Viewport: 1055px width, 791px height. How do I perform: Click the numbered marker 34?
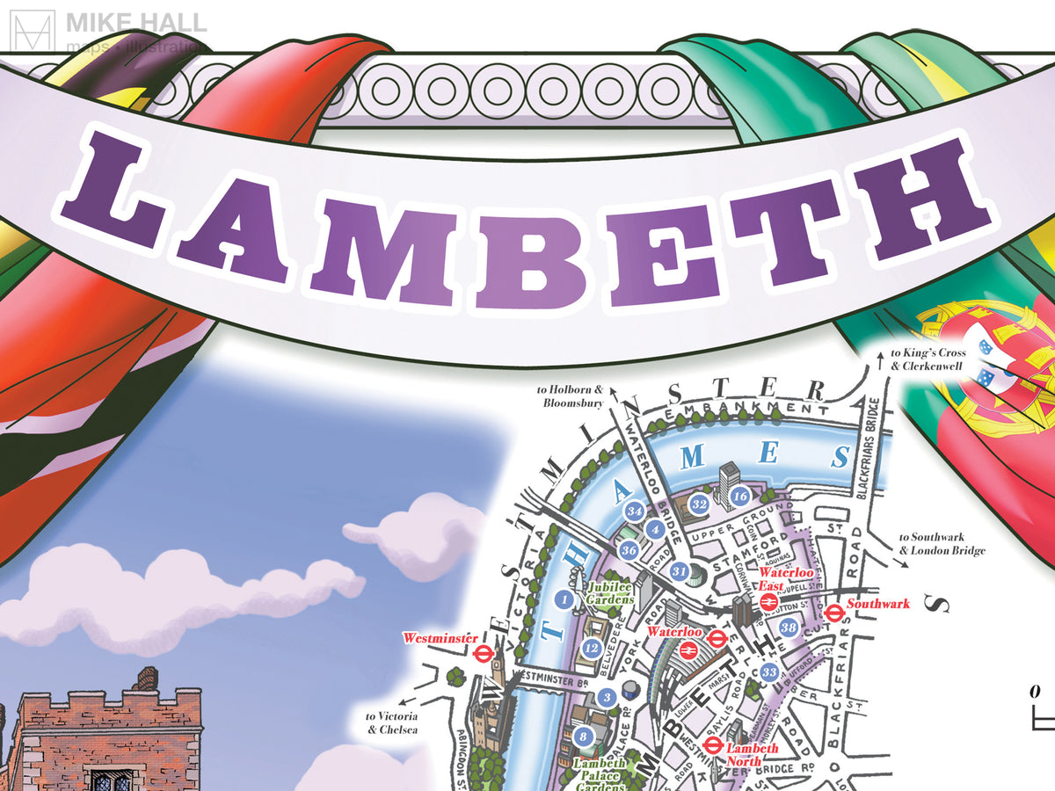[635, 511]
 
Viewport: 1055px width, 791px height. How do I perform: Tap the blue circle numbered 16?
[739, 497]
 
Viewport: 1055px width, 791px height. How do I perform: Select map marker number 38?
[789, 628]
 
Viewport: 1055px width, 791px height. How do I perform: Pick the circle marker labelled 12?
[592, 649]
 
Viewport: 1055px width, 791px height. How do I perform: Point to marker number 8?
[582, 737]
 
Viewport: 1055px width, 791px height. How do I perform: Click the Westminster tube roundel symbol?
[482, 654]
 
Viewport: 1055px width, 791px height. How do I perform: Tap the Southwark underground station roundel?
[833, 611]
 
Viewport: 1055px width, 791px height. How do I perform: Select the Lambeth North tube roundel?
[713, 745]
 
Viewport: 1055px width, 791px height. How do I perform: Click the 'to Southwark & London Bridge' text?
[942, 544]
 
